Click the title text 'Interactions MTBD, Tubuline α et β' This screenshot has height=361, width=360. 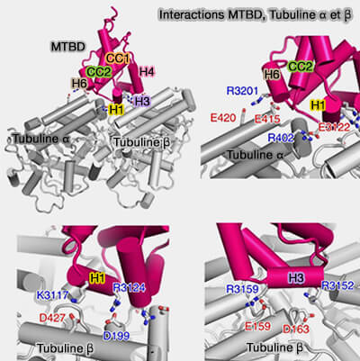point(255,14)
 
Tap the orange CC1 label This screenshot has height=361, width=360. point(118,58)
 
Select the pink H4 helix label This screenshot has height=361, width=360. point(147,72)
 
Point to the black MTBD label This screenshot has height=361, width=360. point(68,47)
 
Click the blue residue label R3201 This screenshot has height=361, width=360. point(242,90)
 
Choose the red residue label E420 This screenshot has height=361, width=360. point(223,118)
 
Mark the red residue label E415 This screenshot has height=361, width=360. point(267,119)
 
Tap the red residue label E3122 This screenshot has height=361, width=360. point(334,127)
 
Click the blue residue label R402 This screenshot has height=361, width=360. point(281,138)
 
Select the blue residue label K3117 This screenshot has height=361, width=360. point(52,294)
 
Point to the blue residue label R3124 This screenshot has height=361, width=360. point(129,288)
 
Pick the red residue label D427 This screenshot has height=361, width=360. point(52,318)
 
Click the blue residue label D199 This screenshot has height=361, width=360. point(116,336)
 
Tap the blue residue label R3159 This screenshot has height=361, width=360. point(242,289)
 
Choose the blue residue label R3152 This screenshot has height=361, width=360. point(337,285)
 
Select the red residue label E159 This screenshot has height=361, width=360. point(257,326)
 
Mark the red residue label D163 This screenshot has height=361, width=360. point(296,329)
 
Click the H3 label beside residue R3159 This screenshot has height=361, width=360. point(296,277)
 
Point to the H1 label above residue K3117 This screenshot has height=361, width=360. point(97,278)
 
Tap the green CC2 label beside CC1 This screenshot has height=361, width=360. point(98,72)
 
